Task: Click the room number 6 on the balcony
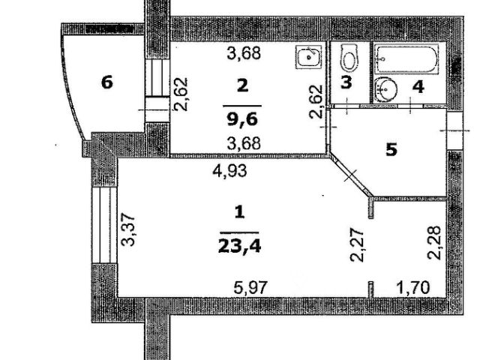tap(107, 82)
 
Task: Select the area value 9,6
tap(241, 118)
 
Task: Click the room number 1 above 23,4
tap(240, 212)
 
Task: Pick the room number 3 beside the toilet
tap(346, 82)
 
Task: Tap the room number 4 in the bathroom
tap(418, 86)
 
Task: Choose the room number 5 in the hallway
tap(391, 149)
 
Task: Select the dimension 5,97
tap(250, 285)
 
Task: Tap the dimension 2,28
tap(433, 241)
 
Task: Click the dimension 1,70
tap(409, 285)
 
